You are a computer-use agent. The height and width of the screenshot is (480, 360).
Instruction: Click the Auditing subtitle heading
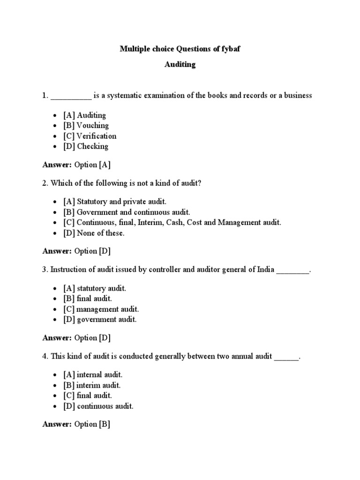pos(180,65)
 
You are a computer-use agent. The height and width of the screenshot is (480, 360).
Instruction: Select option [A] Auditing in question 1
pos(85,115)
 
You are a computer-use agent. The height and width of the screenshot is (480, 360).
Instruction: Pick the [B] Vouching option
pos(86,125)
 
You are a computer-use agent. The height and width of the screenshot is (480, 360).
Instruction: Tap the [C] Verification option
pos(90,136)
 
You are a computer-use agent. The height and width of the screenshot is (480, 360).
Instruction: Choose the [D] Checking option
pos(86,146)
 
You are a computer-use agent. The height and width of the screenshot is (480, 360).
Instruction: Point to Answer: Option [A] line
pos(76,165)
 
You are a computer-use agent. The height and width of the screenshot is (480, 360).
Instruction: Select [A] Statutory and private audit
pos(115,202)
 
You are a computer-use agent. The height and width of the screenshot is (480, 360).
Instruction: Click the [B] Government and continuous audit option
pos(127,212)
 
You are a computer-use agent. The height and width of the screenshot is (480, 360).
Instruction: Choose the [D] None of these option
pos(94,232)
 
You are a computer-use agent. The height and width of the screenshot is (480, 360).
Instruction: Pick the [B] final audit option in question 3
pos(88,298)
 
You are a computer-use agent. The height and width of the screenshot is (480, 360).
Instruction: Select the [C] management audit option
pos(101,309)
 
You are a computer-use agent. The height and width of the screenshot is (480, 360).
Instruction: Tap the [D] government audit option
pos(100,319)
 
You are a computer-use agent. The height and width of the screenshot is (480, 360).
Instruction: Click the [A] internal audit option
pos(93,375)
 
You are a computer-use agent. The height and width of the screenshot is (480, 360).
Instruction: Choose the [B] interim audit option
pos(92,385)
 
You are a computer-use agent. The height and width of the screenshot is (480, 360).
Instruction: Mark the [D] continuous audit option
pos(99,406)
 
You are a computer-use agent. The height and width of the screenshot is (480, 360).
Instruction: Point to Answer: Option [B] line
pos(76,424)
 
